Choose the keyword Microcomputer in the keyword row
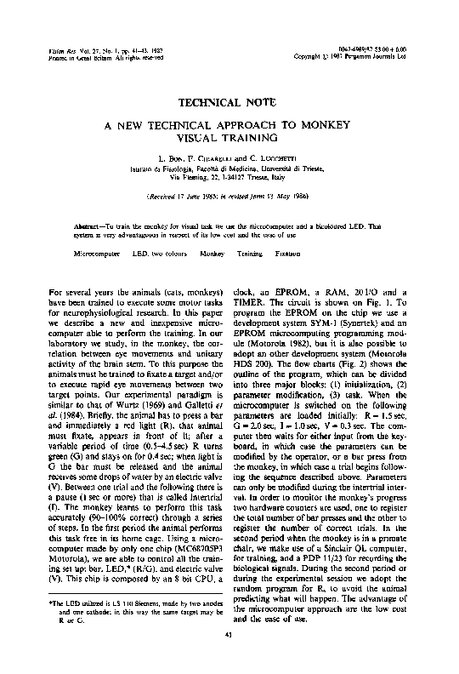99,254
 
